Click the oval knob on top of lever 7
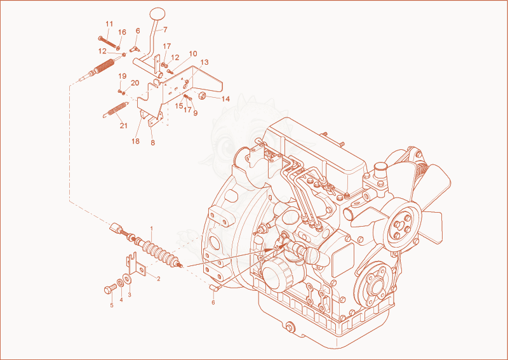(157, 13)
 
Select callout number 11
(109, 23)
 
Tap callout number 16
(122, 32)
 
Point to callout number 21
(123, 126)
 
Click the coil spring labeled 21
(116, 110)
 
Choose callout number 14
(226, 99)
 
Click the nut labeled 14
(203, 95)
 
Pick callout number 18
(135, 141)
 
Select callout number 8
(153, 143)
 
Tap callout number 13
(204, 62)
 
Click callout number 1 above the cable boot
(151, 229)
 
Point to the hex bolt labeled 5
(110, 289)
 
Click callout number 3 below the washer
(130, 295)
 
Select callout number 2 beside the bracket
(158, 278)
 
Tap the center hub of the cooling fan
(401, 226)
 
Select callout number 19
(122, 76)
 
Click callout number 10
(193, 53)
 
